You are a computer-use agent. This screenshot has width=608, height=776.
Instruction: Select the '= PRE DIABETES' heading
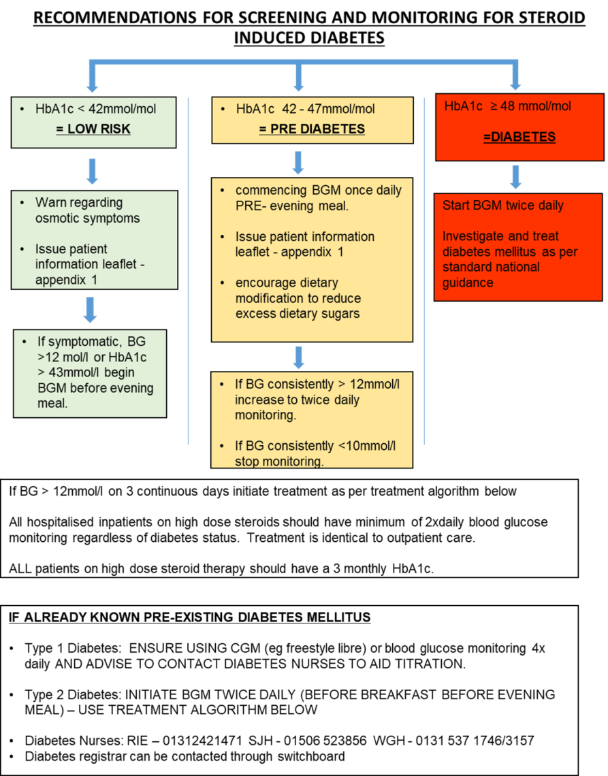(x=312, y=129)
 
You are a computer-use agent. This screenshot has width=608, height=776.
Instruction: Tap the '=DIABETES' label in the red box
(x=519, y=137)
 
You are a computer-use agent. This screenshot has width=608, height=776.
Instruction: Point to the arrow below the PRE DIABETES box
(x=298, y=162)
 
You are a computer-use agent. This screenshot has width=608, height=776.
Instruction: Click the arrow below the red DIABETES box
(x=515, y=176)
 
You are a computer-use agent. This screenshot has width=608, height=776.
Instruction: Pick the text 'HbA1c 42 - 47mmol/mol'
(x=305, y=109)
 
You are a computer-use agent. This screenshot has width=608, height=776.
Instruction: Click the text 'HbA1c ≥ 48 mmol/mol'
(x=507, y=106)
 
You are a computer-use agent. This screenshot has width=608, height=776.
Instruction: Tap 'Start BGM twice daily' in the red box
(x=502, y=206)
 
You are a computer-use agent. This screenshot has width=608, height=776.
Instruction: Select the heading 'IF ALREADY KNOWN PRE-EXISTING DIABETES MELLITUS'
(x=189, y=617)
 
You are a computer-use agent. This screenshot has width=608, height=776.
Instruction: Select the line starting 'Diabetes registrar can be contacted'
(x=185, y=756)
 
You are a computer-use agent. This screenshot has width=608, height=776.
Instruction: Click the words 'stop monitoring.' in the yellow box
(x=278, y=461)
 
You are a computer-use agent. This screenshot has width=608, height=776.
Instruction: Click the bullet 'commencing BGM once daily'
(x=318, y=191)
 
